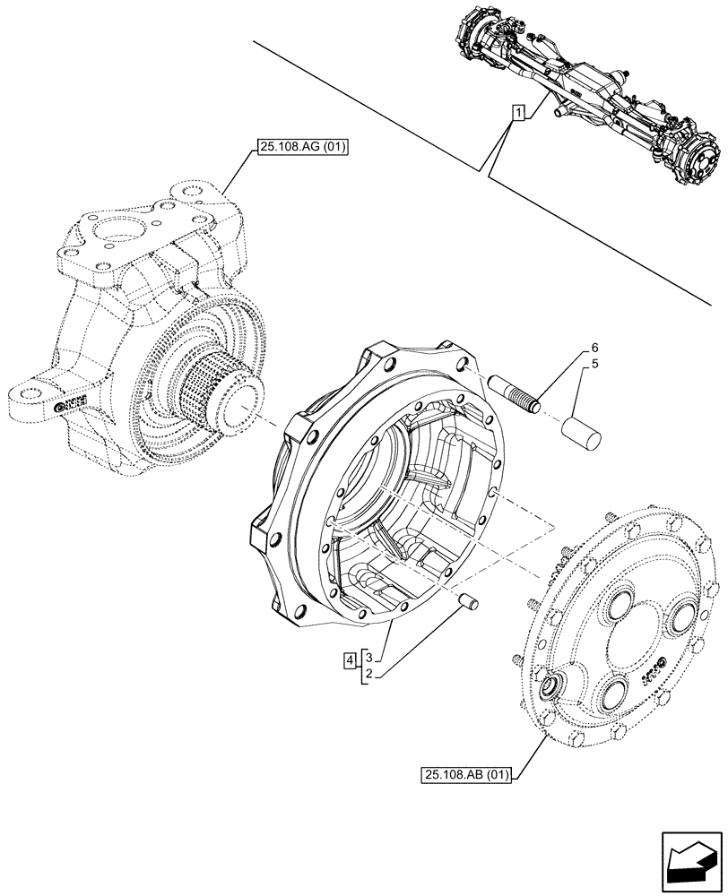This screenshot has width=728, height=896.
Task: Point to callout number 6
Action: click(x=594, y=348)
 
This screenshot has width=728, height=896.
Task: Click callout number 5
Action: click(x=594, y=366)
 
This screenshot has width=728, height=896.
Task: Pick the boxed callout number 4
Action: click(x=348, y=661)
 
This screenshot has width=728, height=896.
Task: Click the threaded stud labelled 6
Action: click(x=515, y=394)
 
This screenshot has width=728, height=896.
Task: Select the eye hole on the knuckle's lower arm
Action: click(x=30, y=392)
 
